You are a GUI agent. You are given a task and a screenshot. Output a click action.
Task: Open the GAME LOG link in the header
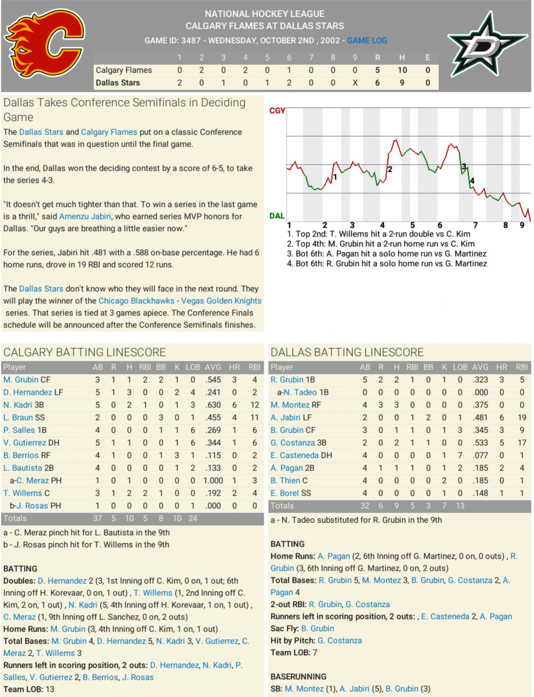(367, 41)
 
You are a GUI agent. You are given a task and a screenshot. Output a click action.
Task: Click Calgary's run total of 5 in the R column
(377, 70)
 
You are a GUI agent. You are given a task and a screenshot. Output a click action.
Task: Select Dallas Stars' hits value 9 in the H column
(402, 83)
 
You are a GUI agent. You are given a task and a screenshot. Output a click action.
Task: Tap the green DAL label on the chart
(277, 216)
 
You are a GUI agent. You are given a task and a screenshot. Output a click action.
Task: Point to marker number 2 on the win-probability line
(390, 169)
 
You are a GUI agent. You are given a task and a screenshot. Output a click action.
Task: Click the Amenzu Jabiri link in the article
(85, 216)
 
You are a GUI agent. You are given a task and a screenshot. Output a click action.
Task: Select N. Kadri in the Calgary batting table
(18, 405)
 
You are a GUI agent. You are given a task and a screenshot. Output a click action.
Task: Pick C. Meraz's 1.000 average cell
(213, 480)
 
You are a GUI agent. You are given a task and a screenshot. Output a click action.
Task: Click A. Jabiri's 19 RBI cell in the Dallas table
(522, 417)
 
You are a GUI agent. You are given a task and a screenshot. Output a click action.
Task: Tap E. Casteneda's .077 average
(480, 455)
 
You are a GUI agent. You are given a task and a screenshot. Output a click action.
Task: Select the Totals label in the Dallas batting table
(282, 506)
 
